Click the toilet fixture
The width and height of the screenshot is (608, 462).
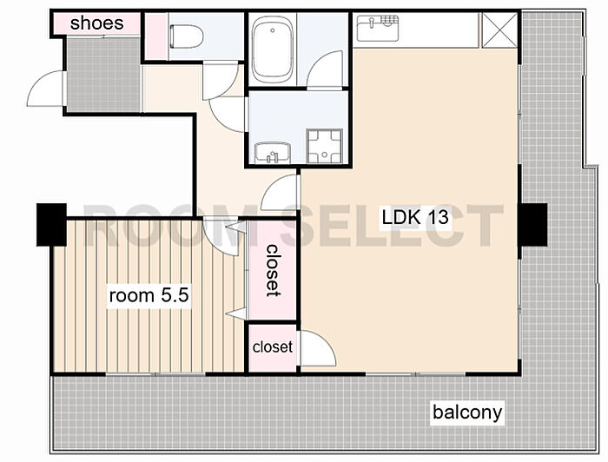click(186, 36)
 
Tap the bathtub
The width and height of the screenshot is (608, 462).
click(273, 49)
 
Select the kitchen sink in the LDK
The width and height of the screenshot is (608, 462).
click(378, 29)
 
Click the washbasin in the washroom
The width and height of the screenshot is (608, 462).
click(272, 153)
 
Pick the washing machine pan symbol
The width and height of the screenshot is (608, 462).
click(325, 146)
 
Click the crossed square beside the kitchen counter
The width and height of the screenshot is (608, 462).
click(499, 30)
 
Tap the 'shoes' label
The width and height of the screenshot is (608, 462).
click(97, 23)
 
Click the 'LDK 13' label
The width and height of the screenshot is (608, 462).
click(415, 217)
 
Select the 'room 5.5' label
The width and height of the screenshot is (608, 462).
click(149, 296)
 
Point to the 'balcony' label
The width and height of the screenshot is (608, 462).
click(467, 412)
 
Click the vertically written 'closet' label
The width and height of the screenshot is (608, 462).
click(273, 271)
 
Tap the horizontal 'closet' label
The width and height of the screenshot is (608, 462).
click(273, 346)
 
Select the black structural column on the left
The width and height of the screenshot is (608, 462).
click(51, 224)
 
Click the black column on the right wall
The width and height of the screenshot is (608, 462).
click(532, 224)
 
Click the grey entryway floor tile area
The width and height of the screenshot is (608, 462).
click(103, 75)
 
